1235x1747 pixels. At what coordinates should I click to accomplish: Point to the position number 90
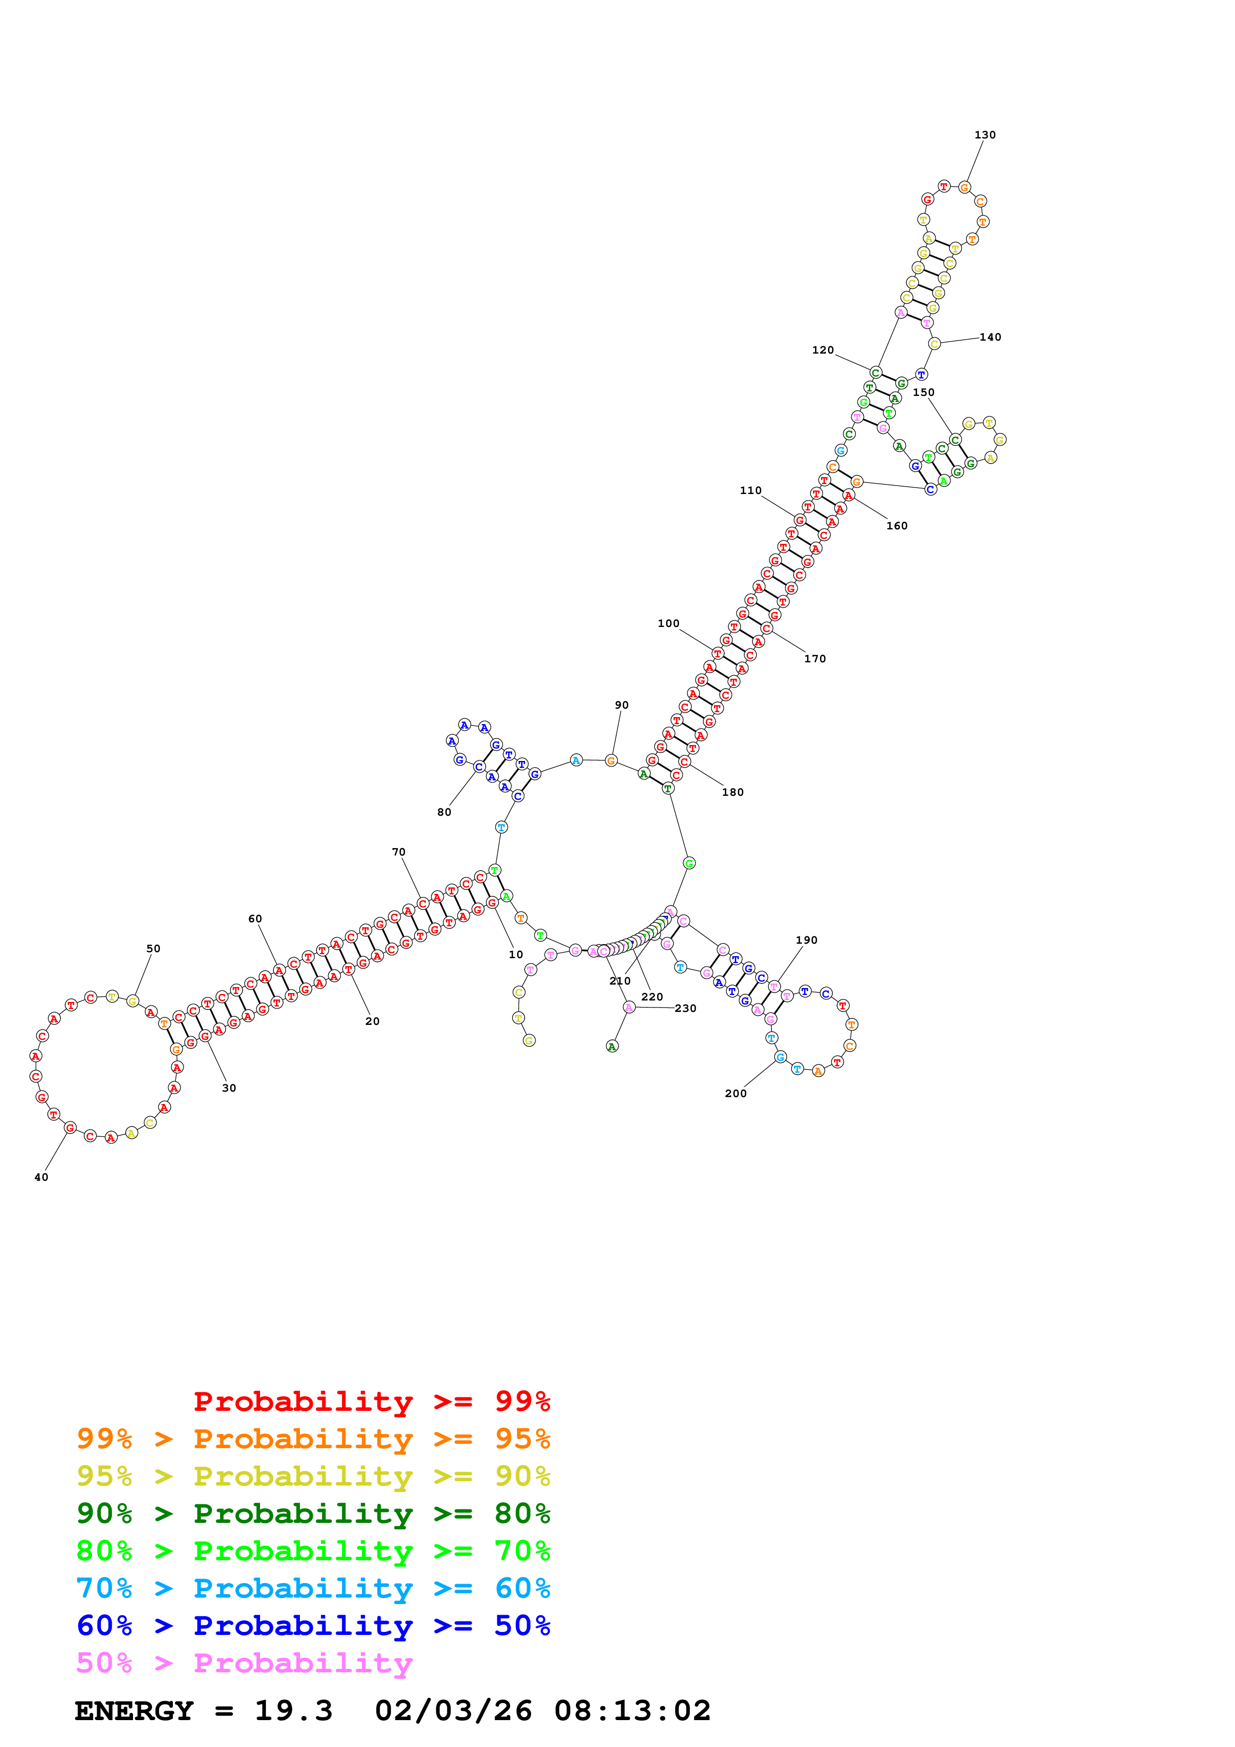622,705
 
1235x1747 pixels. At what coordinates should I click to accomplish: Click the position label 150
923,392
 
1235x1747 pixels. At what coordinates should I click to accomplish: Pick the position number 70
399,852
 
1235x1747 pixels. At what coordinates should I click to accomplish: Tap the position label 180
733,792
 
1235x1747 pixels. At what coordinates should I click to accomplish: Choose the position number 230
685,1008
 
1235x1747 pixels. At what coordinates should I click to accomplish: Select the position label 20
372,1021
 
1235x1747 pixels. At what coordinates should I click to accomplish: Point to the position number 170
815,659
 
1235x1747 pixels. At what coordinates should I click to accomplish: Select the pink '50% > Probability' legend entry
245,1663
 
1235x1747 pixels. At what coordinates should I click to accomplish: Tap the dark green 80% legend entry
313,1513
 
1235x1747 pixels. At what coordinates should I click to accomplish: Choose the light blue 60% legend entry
313,1589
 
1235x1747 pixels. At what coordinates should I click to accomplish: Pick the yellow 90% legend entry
313,1476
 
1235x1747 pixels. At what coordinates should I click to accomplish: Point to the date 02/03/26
453,1711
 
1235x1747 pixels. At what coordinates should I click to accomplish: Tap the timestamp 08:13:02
632,1711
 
